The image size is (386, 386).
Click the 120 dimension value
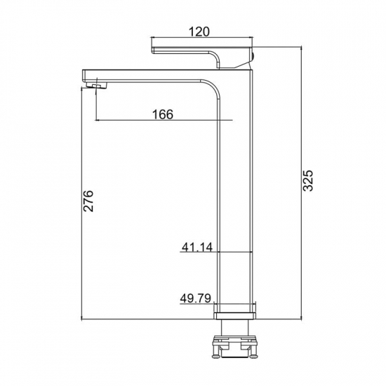tap(199, 32)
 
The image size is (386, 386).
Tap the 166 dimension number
tap(163, 114)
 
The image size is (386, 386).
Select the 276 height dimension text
tap(88, 201)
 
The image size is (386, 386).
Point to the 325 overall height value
tap(307, 180)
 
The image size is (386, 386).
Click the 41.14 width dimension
tap(197, 247)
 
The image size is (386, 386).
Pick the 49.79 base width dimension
tap(196, 298)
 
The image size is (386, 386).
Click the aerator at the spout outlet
tap(98, 86)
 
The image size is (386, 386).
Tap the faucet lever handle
tap(202, 57)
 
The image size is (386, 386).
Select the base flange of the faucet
tap(235, 316)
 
